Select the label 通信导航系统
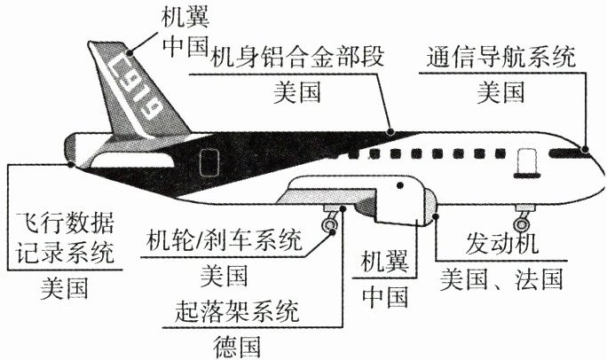[x=501, y=59]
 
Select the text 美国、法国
[x=501, y=278]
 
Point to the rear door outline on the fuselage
[x=209, y=163]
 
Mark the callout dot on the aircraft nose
[x=585, y=150]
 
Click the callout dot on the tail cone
[x=70, y=163]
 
